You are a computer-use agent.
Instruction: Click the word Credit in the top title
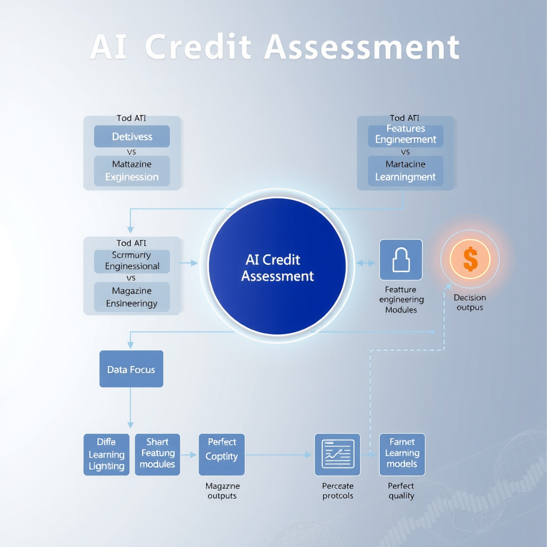pos(198,47)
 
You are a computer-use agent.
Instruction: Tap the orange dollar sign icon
pos(470,259)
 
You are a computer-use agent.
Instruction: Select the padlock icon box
pos(401,260)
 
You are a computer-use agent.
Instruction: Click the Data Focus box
pos(131,369)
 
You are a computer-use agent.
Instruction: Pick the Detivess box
pos(132,137)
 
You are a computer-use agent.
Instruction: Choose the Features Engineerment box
pos(405,135)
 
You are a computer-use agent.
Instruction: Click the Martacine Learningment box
pos(405,171)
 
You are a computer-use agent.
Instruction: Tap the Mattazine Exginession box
pos(132,171)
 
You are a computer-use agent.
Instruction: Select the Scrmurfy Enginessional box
pos(132,261)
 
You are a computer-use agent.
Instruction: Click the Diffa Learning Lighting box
pos(106,455)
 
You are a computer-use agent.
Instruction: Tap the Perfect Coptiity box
pos(222,455)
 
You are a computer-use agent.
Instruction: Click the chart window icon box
pos(338,455)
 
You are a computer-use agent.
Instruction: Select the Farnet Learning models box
pos(402,454)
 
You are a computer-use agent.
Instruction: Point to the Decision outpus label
pos(470,302)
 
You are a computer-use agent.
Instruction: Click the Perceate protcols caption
pos(338,491)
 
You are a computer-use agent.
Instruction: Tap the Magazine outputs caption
pos(222,491)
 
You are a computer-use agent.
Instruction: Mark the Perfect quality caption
pos(401,491)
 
